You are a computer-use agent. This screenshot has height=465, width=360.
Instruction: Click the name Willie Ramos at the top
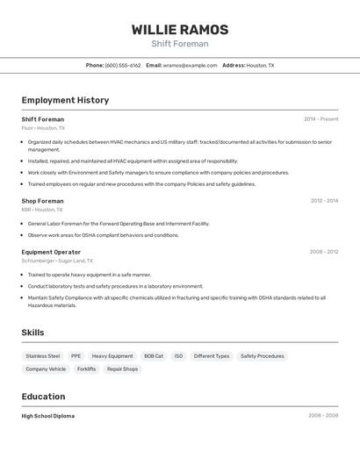pos(180,30)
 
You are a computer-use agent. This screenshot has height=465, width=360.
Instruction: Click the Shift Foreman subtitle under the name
pos(180,44)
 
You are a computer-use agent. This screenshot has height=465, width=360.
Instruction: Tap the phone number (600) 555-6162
pos(122,65)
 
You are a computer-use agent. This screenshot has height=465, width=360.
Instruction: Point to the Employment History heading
pos(65,100)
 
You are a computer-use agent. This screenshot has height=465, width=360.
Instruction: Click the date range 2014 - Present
pos(320,119)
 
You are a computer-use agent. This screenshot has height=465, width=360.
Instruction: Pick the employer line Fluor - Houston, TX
pos(43,128)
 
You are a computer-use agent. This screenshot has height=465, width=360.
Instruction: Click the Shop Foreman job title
pos(42,201)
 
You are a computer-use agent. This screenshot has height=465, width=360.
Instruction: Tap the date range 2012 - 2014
pos(324,201)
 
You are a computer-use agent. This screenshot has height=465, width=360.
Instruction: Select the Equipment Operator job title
pos(51,252)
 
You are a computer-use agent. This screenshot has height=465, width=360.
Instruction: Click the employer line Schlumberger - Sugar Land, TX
pos(57,261)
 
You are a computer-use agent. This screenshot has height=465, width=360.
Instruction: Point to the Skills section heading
pos(32,333)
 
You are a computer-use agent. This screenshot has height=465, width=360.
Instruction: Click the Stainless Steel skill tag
pos(43,356)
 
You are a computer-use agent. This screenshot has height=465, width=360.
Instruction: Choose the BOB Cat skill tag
pos(154,356)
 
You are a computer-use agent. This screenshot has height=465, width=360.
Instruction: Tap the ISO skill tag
pos(178,356)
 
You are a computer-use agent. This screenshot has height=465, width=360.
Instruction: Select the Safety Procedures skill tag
pos(263,356)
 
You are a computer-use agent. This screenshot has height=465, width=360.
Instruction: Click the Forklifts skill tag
pos(86,369)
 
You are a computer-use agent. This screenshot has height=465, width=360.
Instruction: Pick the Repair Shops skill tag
pos(122,369)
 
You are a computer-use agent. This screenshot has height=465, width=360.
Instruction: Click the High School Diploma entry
pos(48,416)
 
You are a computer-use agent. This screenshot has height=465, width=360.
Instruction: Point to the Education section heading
pos(43,397)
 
